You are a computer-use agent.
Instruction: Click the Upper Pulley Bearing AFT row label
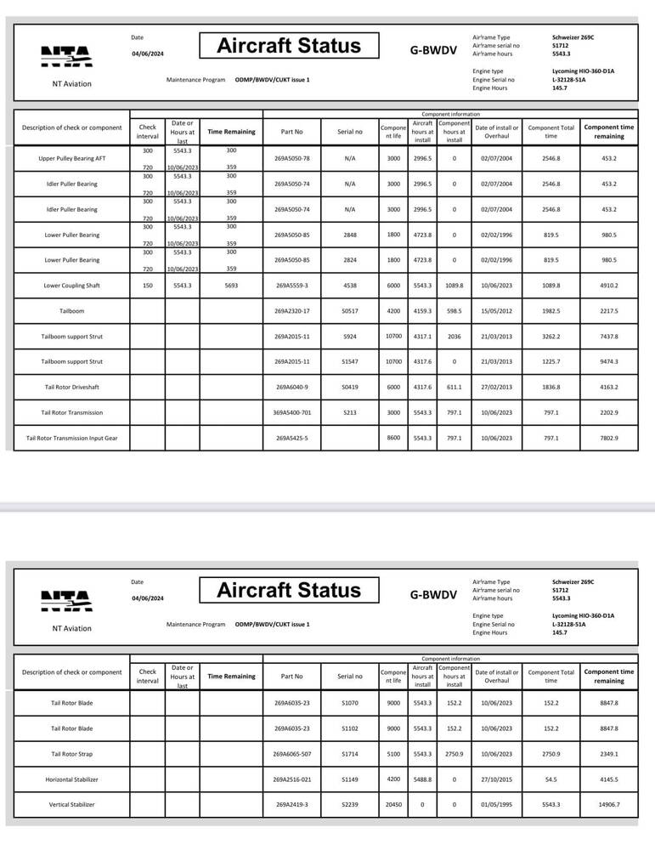click(72, 158)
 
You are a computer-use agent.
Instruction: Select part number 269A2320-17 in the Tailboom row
click(292, 311)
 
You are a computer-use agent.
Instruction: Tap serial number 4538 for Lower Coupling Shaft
click(349, 286)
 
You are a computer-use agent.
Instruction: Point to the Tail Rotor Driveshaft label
click(72, 388)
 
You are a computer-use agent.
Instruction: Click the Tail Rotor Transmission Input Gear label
click(72, 439)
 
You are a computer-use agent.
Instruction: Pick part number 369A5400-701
click(292, 413)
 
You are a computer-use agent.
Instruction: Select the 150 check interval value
click(147, 286)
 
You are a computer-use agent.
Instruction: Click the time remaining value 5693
click(231, 286)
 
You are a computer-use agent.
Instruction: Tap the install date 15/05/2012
click(496, 311)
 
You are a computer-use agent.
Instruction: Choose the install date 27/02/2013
click(496, 388)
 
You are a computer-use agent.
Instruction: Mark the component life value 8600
click(393, 439)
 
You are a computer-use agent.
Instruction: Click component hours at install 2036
click(455, 337)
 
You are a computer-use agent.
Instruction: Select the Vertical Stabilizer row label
click(72, 804)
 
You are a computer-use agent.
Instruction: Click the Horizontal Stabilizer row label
click(72, 779)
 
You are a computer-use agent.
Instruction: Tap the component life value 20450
click(393, 804)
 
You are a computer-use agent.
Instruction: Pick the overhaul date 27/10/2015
click(496, 779)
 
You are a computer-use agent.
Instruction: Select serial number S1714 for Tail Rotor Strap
click(349, 753)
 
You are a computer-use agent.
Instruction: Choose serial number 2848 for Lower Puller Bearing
click(349, 235)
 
